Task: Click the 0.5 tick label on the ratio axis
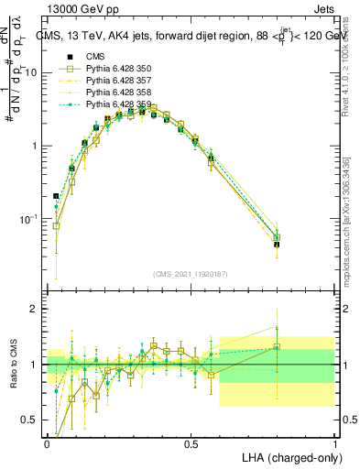point(33,420)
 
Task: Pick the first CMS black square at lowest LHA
point(56,196)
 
